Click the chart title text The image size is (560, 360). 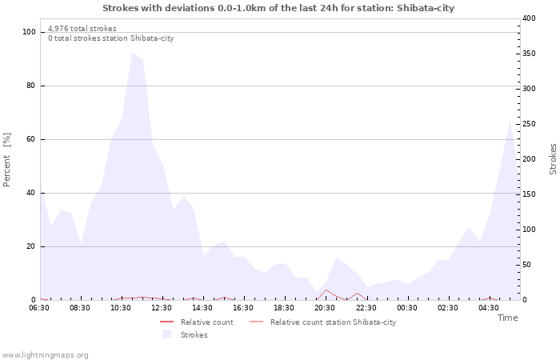[x=278, y=8]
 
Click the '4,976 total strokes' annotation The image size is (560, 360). [x=82, y=29]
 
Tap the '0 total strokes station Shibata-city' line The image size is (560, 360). [x=110, y=38]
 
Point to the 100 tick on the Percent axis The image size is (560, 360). [x=30, y=32]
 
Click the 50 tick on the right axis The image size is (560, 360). [x=528, y=265]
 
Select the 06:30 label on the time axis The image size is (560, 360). [x=39, y=308]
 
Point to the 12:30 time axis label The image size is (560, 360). [x=162, y=308]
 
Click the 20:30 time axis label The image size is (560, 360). [x=325, y=308]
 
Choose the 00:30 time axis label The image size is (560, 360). [x=406, y=308]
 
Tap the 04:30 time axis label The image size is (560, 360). [x=488, y=308]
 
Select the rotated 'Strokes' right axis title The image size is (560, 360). [x=553, y=159]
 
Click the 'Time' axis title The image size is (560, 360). [x=507, y=318]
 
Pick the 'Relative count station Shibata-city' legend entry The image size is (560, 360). [x=333, y=322]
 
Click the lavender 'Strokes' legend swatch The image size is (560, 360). [x=167, y=334]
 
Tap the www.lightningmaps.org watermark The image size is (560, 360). [x=46, y=354]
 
